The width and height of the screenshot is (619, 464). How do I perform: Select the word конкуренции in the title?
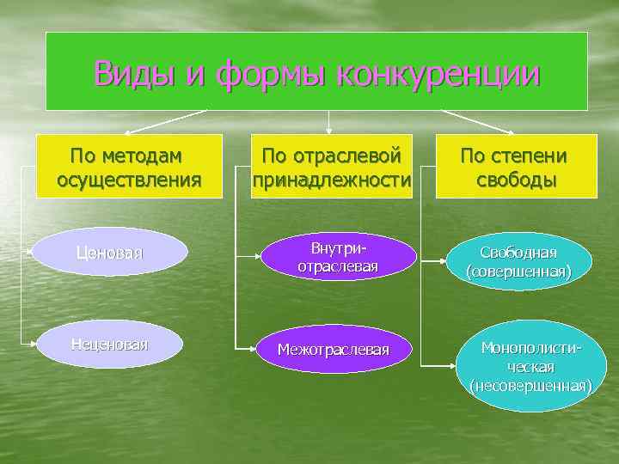point(439,74)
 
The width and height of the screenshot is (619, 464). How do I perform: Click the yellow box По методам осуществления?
point(129,167)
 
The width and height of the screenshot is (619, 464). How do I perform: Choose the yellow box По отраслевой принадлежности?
point(331,167)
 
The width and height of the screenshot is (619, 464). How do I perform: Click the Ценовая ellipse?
point(110,253)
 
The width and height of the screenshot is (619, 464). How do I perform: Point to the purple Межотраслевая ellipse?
point(332,349)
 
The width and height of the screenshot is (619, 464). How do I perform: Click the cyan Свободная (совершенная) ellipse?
point(518,261)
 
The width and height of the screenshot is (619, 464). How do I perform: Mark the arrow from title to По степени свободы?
point(477,121)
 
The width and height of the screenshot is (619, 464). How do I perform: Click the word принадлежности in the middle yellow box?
point(331,180)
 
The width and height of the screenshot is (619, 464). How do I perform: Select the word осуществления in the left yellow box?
point(129,180)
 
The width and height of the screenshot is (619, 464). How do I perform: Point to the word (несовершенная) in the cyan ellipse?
point(530,386)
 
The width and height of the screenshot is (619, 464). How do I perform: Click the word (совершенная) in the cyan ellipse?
point(518,272)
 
